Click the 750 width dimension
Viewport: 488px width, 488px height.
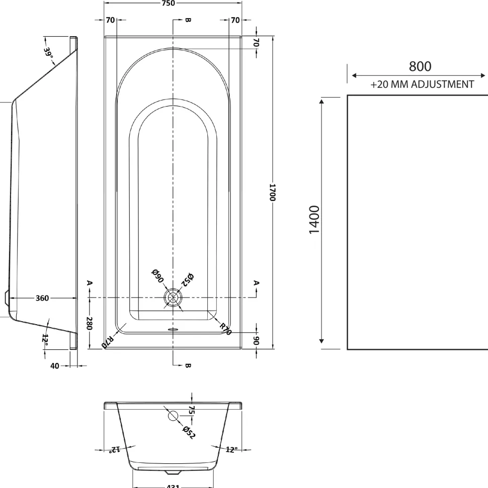(x=168, y=3)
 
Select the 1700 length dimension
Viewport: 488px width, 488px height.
(x=272, y=192)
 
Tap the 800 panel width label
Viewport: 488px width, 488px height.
(x=420, y=66)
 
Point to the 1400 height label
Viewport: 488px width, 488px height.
(x=314, y=220)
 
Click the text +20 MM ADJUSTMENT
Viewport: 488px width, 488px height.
(x=422, y=84)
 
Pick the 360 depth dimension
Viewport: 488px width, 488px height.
(x=42, y=298)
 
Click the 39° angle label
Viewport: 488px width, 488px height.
(x=48, y=52)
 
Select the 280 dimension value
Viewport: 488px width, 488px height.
(x=89, y=324)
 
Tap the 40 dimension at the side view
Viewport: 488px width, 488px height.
(x=54, y=366)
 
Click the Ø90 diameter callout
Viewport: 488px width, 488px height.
(x=157, y=276)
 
